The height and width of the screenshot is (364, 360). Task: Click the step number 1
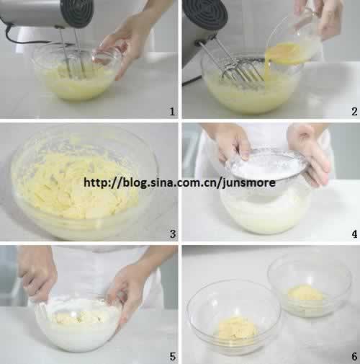click(x=172, y=112)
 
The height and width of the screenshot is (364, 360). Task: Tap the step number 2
click(x=354, y=112)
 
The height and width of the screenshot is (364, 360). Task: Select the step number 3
click(x=173, y=234)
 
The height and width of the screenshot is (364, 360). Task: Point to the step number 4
click(x=354, y=234)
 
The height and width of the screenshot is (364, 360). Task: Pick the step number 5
click(x=173, y=357)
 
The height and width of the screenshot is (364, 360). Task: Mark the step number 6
click(x=354, y=357)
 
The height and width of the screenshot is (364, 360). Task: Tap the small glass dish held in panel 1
click(x=107, y=56)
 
